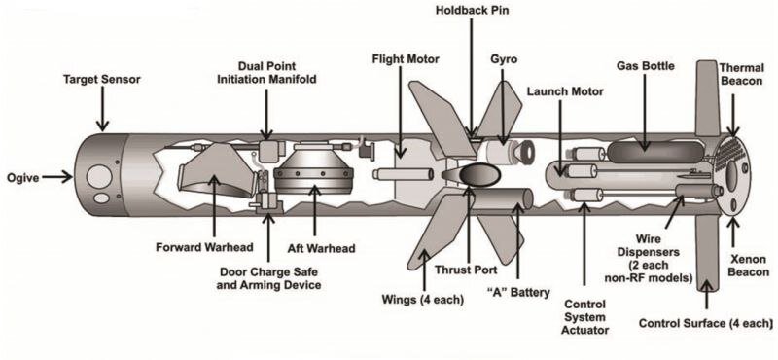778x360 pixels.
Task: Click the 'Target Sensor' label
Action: click(102, 79)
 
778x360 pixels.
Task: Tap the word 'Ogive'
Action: click(22, 177)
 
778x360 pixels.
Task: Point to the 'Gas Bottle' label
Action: click(645, 65)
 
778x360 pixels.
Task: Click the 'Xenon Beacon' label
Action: click(749, 266)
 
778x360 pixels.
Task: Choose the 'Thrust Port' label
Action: click(466, 270)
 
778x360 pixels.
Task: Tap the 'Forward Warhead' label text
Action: click(204, 247)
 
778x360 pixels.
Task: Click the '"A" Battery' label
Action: click(518, 293)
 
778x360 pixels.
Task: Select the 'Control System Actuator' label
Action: click(584, 317)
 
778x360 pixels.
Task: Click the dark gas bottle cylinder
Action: click(654, 153)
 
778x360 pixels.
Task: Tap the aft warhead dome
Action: click(313, 169)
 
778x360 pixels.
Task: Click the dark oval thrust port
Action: click(477, 175)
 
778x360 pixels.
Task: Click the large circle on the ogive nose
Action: click(99, 177)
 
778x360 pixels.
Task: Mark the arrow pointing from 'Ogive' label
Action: click(57, 176)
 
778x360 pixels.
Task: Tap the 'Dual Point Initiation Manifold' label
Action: click(266, 73)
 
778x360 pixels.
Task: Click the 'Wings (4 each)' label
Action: click(422, 300)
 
